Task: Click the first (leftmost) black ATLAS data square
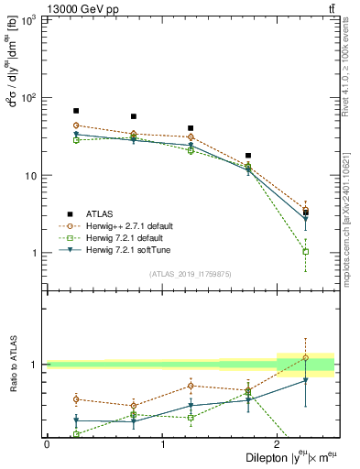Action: point(76,111)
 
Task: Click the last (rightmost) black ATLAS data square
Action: point(306,212)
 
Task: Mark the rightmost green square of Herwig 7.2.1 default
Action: point(306,251)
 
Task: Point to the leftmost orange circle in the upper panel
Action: point(76,125)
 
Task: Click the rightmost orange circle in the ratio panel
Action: point(306,357)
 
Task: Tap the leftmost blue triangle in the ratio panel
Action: point(76,420)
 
